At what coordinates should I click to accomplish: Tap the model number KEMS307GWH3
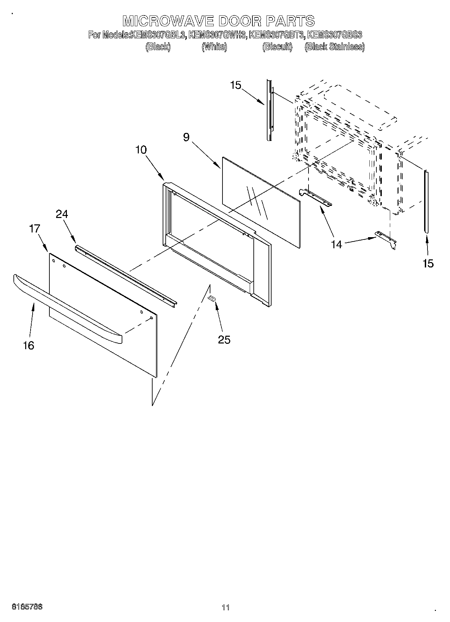(x=218, y=35)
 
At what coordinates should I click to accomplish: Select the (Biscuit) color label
(x=277, y=47)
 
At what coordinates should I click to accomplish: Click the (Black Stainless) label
(x=334, y=47)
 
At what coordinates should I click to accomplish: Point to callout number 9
(x=186, y=137)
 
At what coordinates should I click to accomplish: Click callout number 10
(x=141, y=150)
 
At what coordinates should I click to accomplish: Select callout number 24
(x=62, y=214)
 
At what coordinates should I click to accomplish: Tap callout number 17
(x=35, y=229)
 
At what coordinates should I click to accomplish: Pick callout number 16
(x=29, y=345)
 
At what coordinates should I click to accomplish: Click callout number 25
(x=224, y=340)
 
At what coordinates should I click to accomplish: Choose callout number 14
(x=336, y=244)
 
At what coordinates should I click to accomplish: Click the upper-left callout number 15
(x=236, y=85)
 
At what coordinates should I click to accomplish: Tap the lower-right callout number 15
(x=428, y=263)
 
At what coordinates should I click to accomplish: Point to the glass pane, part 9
(x=260, y=202)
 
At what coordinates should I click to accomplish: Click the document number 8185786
(x=27, y=607)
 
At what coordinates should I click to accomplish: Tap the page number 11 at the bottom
(x=226, y=608)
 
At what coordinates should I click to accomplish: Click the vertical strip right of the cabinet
(x=426, y=201)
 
